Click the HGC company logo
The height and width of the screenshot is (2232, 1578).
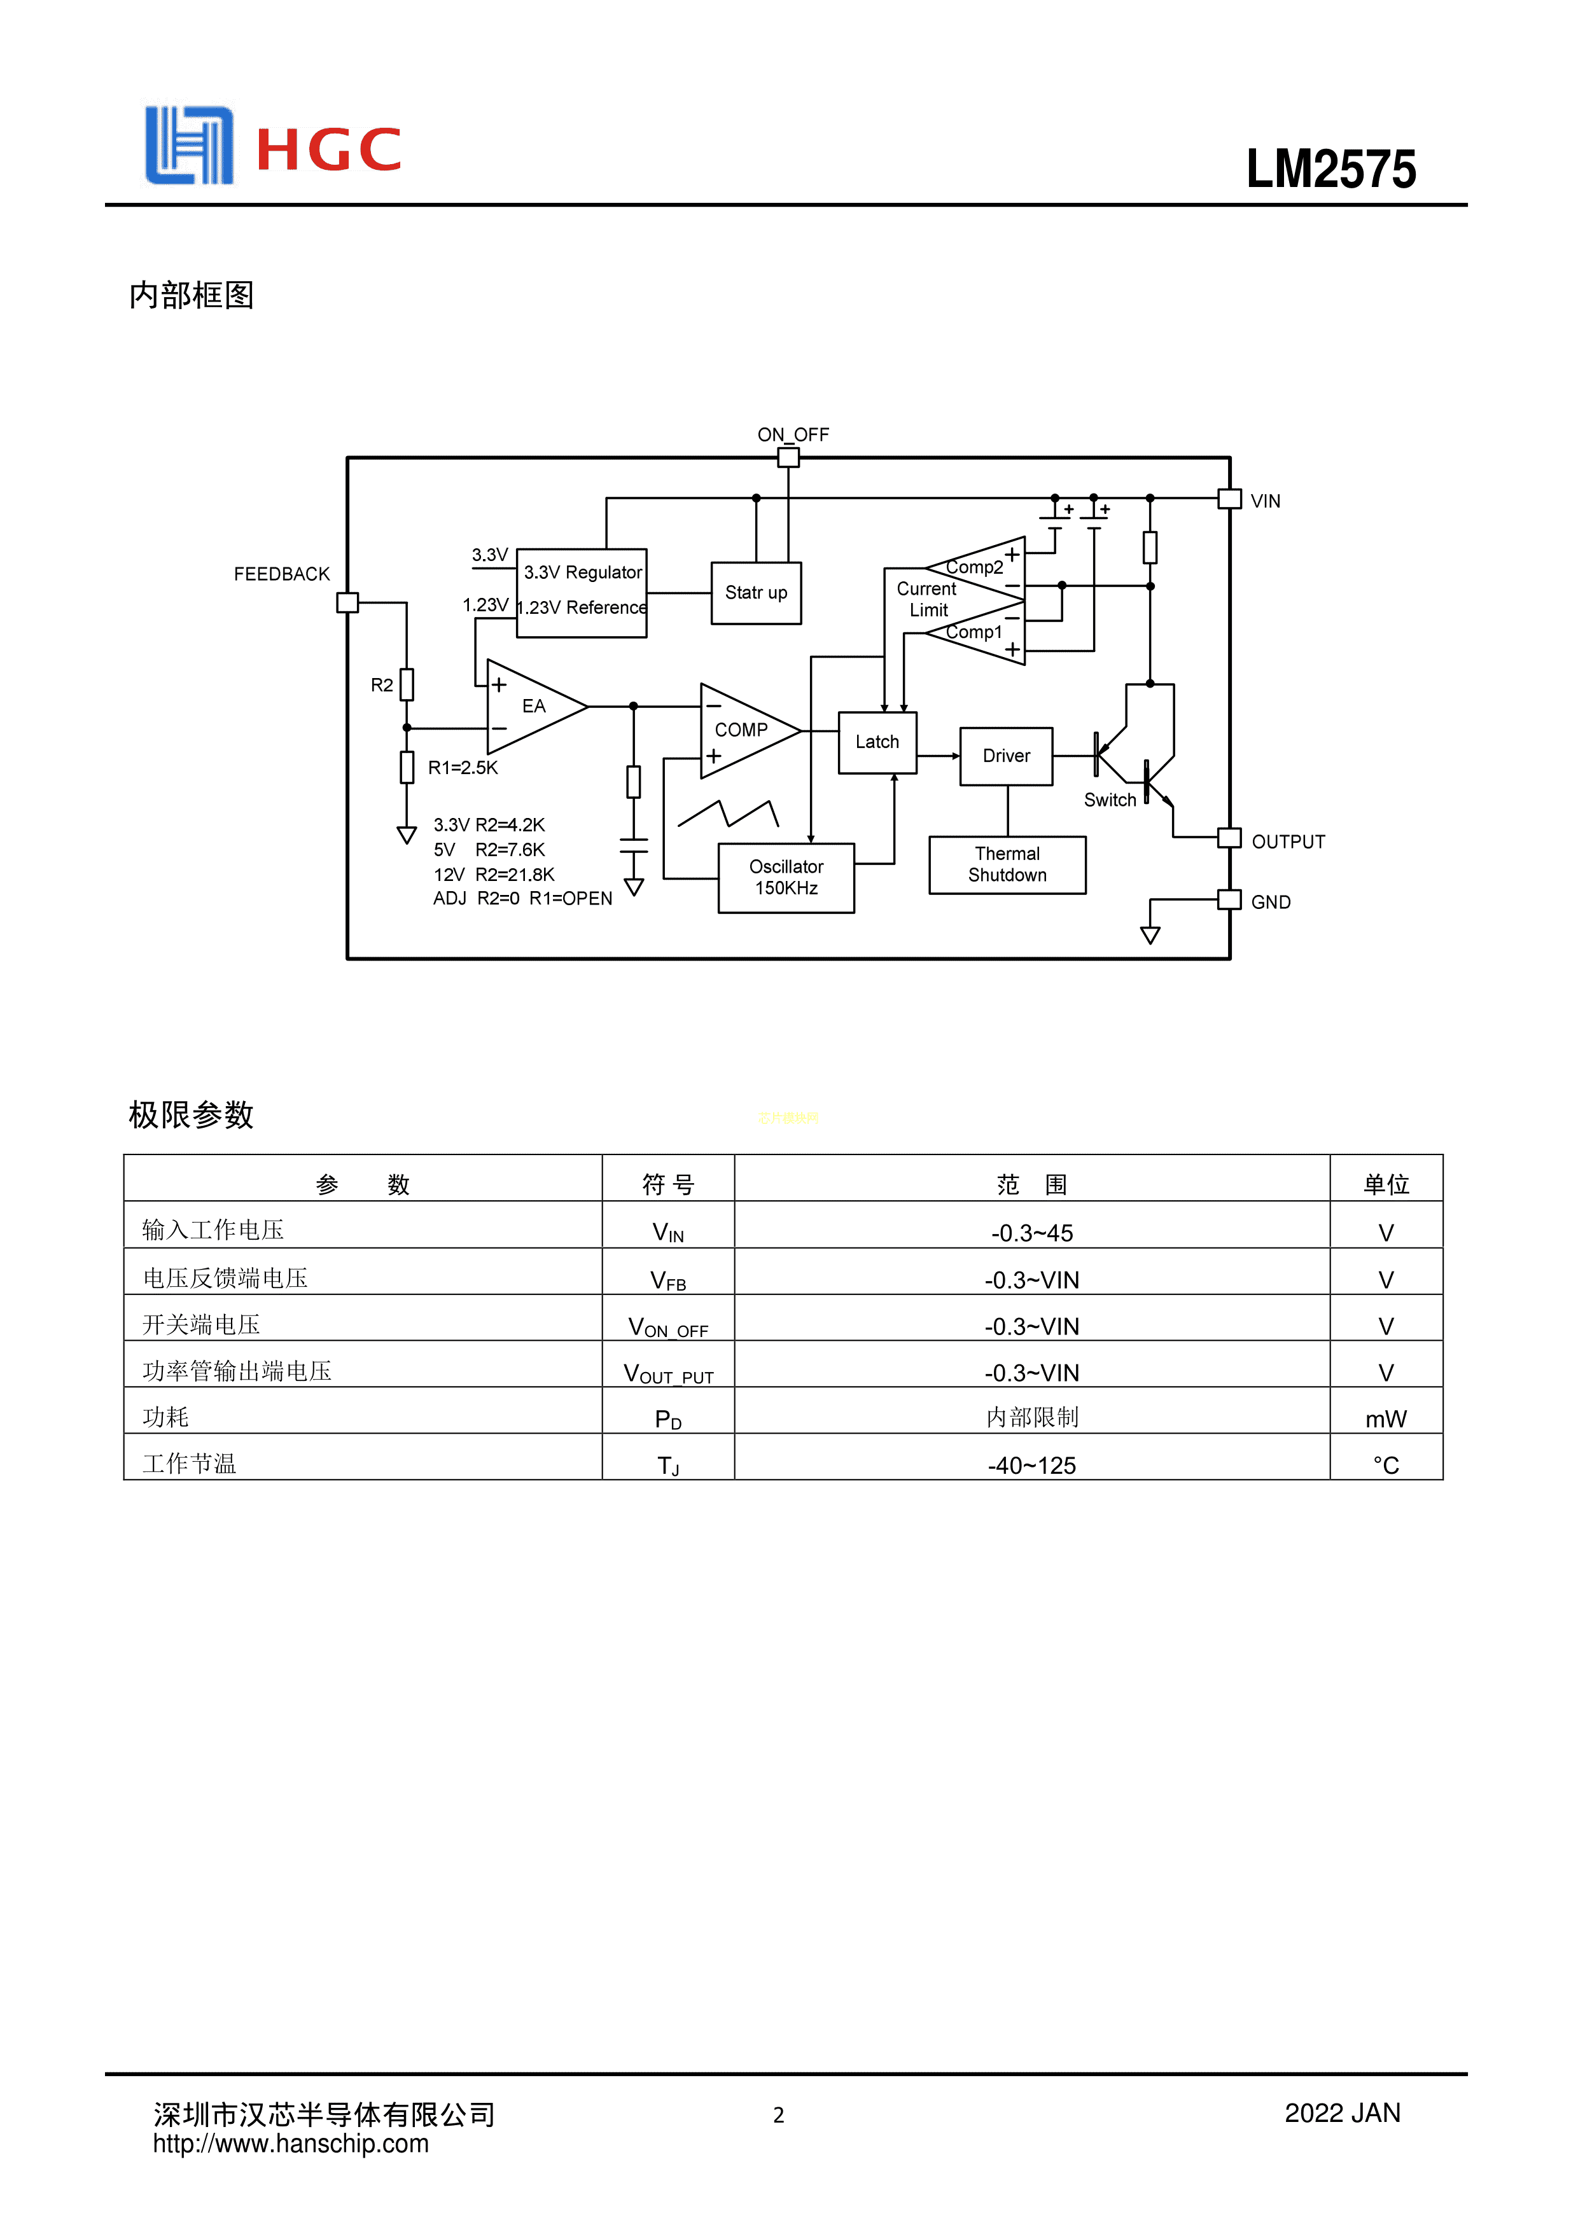pos(272,146)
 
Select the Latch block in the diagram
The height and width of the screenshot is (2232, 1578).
pos(877,743)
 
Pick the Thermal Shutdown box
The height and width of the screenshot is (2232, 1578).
pos(1007,864)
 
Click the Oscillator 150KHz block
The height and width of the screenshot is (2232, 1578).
pos(786,877)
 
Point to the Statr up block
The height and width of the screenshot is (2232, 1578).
pos(755,593)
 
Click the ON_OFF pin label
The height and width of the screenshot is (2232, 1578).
pos(792,434)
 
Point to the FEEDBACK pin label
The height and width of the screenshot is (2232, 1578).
pos(281,574)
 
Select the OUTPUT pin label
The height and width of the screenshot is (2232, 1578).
pos(1287,842)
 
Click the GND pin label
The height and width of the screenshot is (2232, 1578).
pos(1270,902)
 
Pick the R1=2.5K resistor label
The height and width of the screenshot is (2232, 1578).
pos(462,768)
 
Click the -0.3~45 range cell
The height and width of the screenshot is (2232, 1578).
pos(1031,1233)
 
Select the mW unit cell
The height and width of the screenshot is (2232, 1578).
pos(1385,1419)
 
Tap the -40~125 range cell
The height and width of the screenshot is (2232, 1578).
pos(1031,1465)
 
